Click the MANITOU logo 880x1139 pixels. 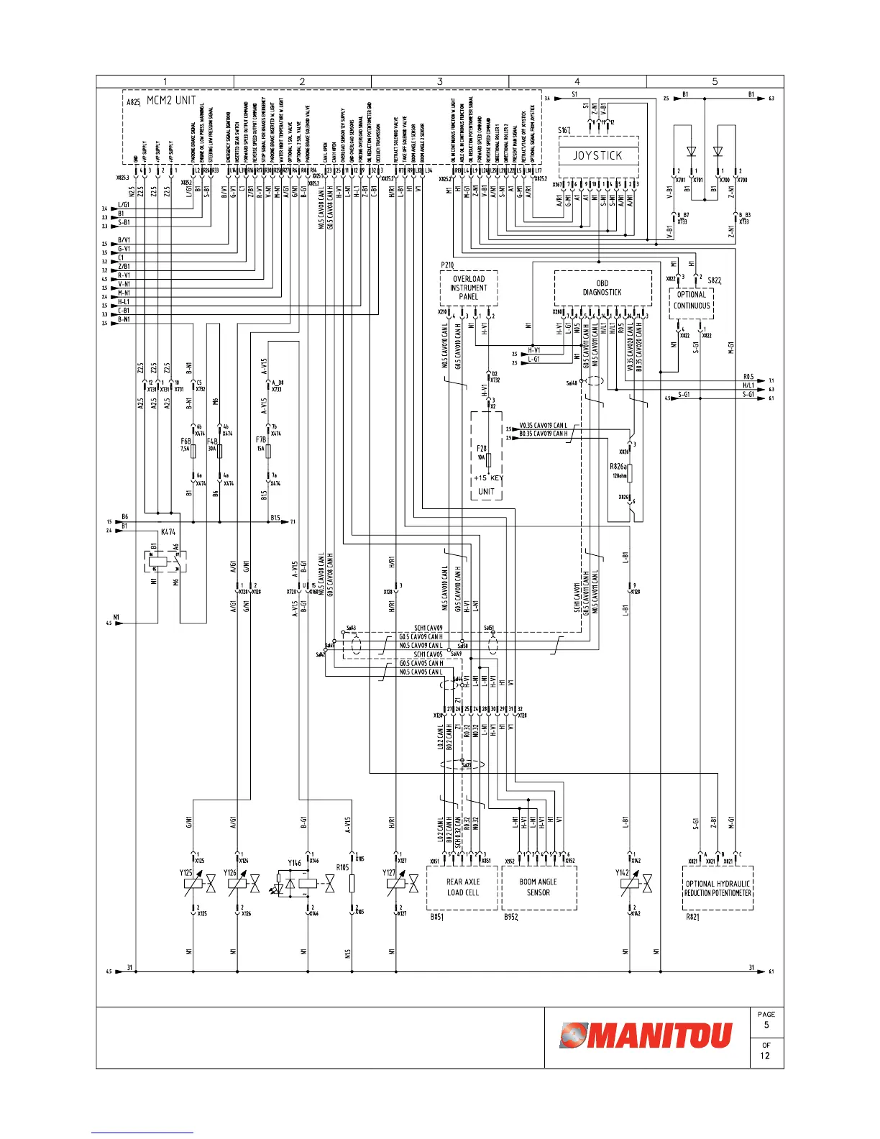tap(646, 1035)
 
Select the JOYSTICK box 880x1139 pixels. tap(597, 155)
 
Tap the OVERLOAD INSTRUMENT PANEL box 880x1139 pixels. tap(469, 288)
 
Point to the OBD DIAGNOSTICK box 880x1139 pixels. tap(602, 288)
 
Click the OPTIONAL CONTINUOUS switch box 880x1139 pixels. tap(692, 301)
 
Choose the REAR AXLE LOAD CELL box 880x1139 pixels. tap(462, 887)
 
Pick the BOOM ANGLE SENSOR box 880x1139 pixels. tap(538, 887)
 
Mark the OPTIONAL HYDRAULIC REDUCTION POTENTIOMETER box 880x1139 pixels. tap(718, 889)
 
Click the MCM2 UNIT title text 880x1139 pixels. tap(171, 101)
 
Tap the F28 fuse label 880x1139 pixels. tap(482, 449)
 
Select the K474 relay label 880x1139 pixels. tap(168, 532)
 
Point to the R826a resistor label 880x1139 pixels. tap(618, 467)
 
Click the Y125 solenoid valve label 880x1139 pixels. tap(186, 873)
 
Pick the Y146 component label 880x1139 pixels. tap(295, 863)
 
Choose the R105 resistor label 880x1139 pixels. tap(342, 867)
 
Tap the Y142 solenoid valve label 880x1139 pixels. tap(622, 873)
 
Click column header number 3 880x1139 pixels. tap(440, 81)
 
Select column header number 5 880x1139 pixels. tap(715, 81)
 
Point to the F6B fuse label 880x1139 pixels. tap(185, 441)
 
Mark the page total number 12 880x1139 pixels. tap(766, 1056)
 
